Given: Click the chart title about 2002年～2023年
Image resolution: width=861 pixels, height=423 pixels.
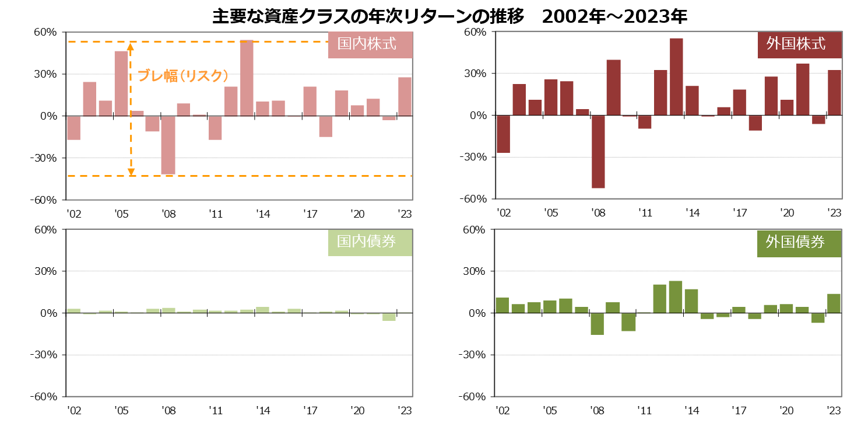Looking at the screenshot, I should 449,16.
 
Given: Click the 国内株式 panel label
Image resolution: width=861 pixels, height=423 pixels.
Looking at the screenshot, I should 370,44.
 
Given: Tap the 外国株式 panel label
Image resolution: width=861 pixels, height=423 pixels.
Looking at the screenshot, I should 799,44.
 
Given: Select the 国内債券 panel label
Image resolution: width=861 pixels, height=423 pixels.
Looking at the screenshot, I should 370,242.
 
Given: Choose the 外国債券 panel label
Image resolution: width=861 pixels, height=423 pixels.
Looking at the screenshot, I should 799,242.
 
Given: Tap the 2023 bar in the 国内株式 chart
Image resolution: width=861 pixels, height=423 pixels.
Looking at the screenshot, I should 405,97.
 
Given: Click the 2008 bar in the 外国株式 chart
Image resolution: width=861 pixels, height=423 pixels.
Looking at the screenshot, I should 598,152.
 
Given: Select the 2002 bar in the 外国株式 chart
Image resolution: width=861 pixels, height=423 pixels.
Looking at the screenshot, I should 503,134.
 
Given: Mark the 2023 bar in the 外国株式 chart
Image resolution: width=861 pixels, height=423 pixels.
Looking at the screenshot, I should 834,93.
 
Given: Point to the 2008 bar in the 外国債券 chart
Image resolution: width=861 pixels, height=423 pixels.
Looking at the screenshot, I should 598,324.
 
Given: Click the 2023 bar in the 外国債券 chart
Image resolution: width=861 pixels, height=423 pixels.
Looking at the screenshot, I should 834,303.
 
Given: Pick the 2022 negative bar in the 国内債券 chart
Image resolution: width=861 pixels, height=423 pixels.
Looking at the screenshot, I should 389,317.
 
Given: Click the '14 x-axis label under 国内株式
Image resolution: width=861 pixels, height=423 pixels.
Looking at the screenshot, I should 263,214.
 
